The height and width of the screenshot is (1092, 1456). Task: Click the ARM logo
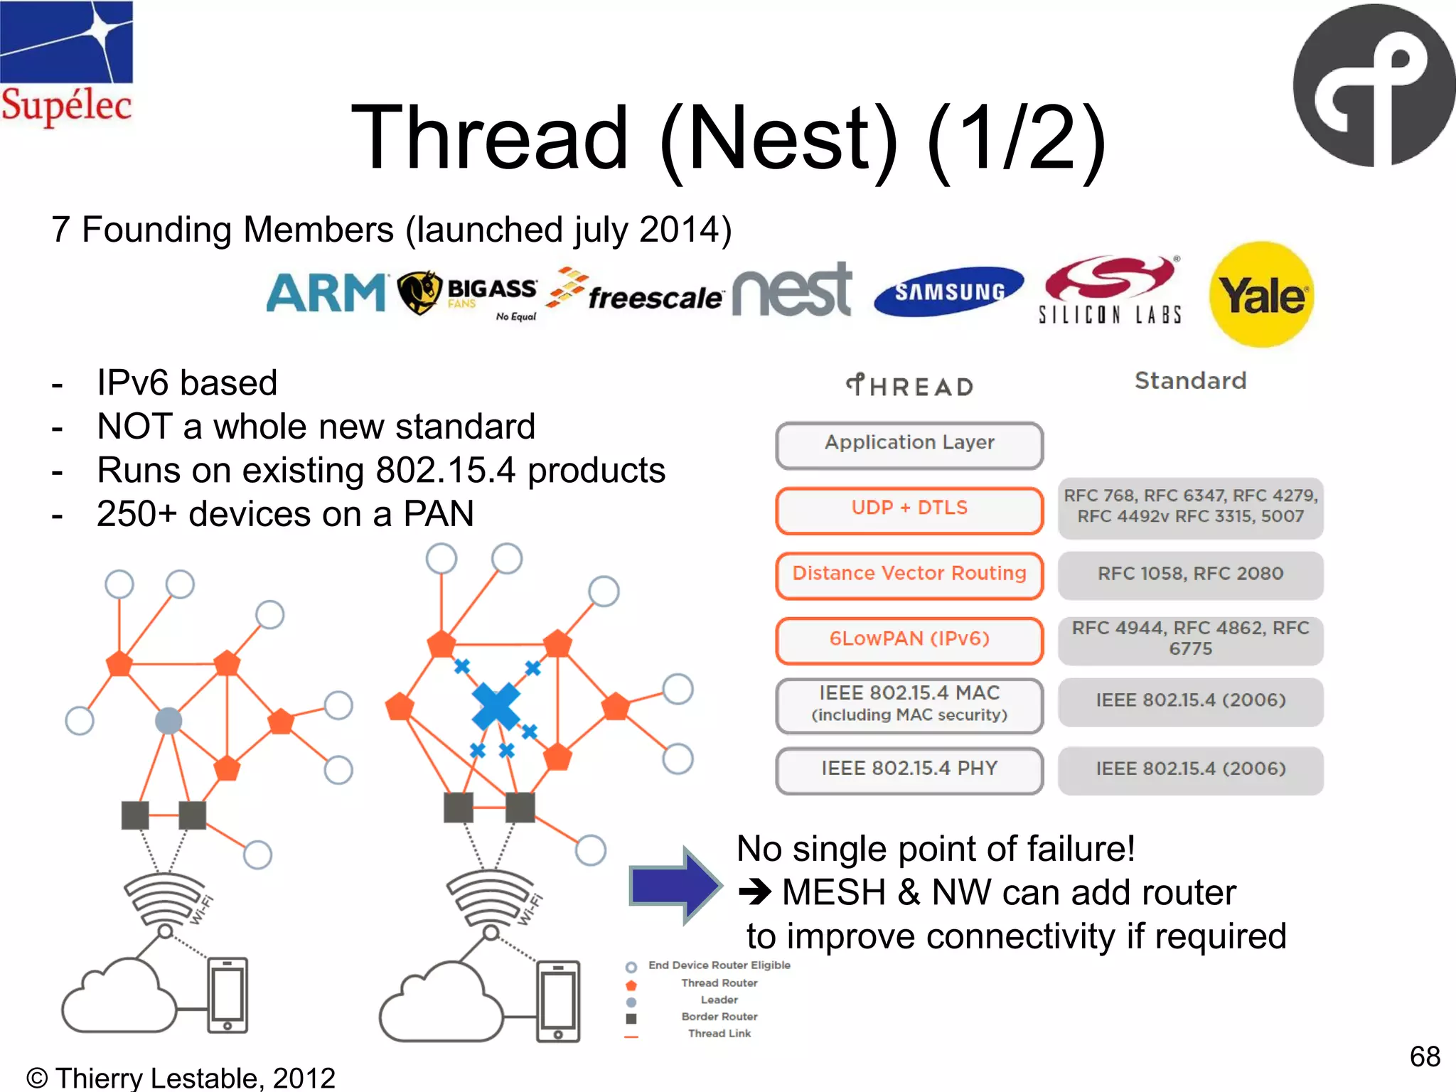click(326, 293)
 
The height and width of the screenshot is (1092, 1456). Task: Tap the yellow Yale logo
click(1262, 295)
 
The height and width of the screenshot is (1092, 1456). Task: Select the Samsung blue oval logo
click(949, 291)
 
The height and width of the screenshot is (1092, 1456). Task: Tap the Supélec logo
click(66, 64)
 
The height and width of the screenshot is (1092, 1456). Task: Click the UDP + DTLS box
click(909, 509)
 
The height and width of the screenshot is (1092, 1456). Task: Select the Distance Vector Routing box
click(909, 574)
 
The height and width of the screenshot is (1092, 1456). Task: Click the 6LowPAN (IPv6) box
click(909, 640)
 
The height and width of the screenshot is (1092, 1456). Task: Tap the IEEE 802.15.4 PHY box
click(909, 769)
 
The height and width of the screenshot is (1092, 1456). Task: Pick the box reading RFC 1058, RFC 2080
click(1190, 574)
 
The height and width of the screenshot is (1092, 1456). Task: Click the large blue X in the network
click(496, 706)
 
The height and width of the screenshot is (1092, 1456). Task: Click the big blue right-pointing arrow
click(675, 885)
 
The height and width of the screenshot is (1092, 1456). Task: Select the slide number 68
click(1425, 1056)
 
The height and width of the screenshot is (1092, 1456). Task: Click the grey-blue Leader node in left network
click(168, 720)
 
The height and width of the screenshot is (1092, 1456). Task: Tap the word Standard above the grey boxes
click(1190, 381)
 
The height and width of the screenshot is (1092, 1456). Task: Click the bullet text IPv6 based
click(187, 383)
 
